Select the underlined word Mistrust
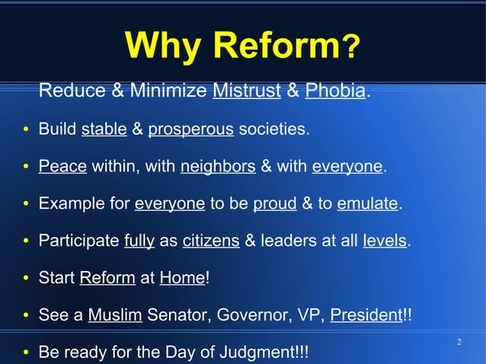pos(247,92)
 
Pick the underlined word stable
pos(104,129)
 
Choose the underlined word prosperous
pos(190,129)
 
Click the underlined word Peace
pos(62,166)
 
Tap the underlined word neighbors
pos(218,166)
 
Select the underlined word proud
pos(269,203)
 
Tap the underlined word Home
pos(182,278)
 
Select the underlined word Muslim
pos(115,315)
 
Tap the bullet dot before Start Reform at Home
pos(26,279)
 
